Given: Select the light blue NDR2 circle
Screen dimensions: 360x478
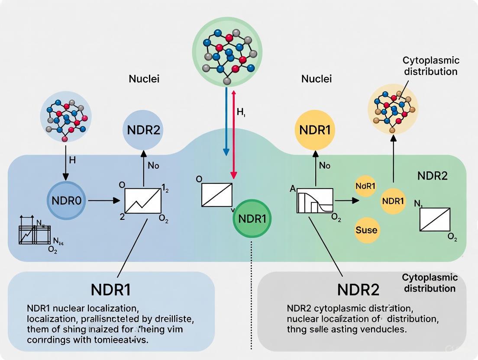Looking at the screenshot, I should click(x=144, y=130).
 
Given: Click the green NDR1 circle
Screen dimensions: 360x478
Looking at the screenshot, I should click(x=252, y=219).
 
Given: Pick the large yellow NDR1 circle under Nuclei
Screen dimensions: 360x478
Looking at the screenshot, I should click(x=315, y=130).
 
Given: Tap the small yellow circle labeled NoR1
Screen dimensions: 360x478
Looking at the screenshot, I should click(x=365, y=186).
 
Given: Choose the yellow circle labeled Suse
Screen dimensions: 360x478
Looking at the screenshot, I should click(x=366, y=229).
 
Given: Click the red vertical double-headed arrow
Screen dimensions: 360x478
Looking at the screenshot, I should click(x=234, y=134).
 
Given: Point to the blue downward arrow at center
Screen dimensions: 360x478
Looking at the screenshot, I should click(x=226, y=121).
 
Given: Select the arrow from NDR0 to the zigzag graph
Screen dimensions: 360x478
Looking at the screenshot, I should click(x=104, y=201).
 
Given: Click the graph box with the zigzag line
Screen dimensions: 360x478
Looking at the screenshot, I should click(x=143, y=200).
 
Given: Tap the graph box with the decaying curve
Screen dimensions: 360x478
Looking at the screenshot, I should click(x=315, y=200).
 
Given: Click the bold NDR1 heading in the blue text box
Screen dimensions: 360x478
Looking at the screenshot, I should click(x=111, y=289).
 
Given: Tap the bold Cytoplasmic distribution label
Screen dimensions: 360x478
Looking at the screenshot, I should click(x=430, y=283).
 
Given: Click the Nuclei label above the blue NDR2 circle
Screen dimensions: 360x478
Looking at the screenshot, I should click(x=144, y=79).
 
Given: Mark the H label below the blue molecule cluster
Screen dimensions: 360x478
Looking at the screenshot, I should click(x=72, y=160).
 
